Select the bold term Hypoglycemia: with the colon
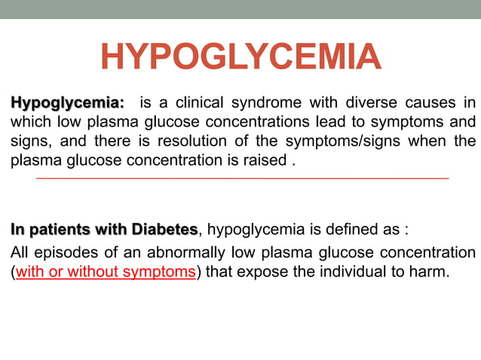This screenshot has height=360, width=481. pos(67,102)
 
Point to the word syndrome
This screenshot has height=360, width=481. pos(265,102)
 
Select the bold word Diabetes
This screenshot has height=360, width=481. pos(164,229)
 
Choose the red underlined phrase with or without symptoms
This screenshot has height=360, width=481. pos(106,271)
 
